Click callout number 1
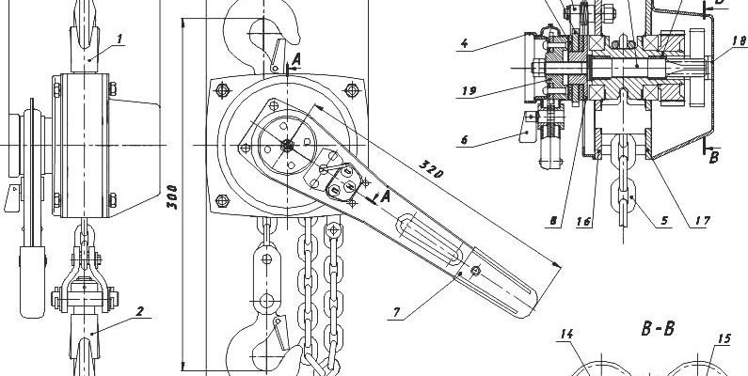pos(119,39)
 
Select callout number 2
pos(139,311)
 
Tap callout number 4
pos(465,44)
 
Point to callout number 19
pos(469,91)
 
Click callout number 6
pos(464,140)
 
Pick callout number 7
pos(397,313)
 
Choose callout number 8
pos(553,221)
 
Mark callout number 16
pos(584,221)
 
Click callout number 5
pos(664,220)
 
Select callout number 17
pos(703,221)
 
